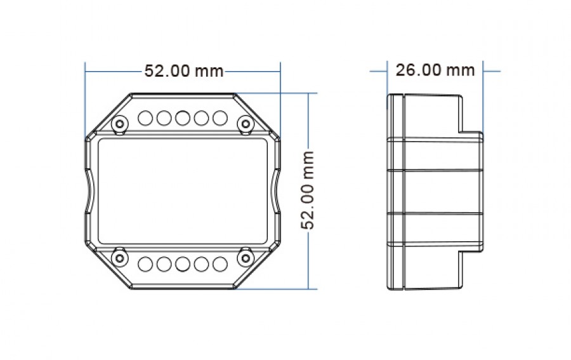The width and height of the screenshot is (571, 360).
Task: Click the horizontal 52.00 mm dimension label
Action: tap(184, 70)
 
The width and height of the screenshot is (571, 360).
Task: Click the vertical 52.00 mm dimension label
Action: tap(308, 190)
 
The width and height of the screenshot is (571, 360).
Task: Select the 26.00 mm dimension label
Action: tap(435, 70)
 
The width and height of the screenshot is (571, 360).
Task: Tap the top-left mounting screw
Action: tap(119, 124)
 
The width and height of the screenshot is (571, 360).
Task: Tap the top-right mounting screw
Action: tap(246, 124)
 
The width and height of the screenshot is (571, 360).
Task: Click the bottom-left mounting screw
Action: tap(119, 258)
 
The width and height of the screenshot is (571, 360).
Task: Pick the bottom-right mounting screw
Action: tap(246, 258)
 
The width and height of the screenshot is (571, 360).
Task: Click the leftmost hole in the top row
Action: tap(145, 118)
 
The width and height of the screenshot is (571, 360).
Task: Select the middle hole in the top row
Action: tap(183, 118)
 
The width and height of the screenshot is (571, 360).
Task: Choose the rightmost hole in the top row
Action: tap(220, 118)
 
